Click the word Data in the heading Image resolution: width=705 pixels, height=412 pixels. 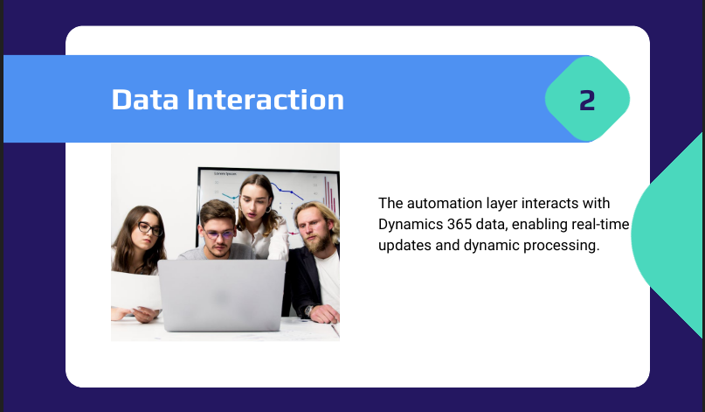pyautogui.click(x=145, y=100)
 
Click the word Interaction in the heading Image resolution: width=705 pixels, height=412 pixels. pyautogui.click(x=266, y=100)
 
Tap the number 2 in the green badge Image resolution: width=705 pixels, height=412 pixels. pyautogui.click(x=587, y=100)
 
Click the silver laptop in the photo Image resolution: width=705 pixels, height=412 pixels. pyautogui.click(x=222, y=295)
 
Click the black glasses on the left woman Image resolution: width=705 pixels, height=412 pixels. pyautogui.click(x=149, y=229)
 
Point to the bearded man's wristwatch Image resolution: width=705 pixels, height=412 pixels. pyautogui.click(x=308, y=311)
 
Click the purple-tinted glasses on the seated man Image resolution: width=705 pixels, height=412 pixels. pyautogui.click(x=218, y=234)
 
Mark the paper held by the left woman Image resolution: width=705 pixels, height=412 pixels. pyautogui.click(x=135, y=290)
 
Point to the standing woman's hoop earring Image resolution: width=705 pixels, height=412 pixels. pyautogui.click(x=268, y=209)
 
